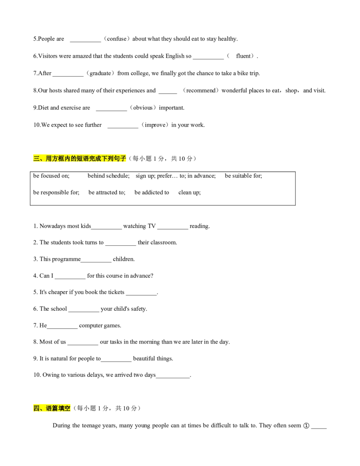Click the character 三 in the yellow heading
coord(36,158)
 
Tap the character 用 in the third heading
coord(49,158)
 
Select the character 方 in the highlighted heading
coord(55,158)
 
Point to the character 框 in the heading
coord(61,158)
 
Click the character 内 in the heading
coord(67,158)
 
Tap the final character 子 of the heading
coord(124,158)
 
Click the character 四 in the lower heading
coord(36,408)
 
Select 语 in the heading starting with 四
coord(49,408)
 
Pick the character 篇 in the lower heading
coord(55,408)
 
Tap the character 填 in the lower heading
coord(62,408)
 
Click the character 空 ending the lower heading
coord(68,408)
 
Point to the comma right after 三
coord(42,159)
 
